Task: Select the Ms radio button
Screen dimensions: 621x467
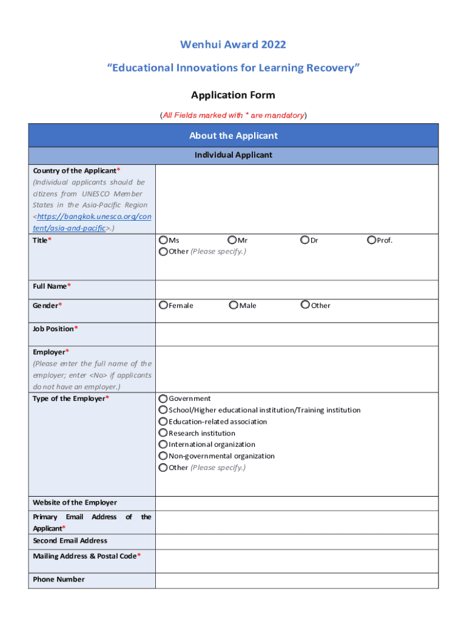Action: (x=163, y=241)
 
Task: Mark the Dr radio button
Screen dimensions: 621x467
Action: (x=305, y=241)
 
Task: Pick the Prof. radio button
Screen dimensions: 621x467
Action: (x=372, y=241)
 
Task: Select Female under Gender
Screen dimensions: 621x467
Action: (x=163, y=305)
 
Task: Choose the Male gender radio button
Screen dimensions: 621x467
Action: (x=233, y=305)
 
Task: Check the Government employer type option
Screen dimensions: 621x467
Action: (x=163, y=398)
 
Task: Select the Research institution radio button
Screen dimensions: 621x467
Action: (x=163, y=433)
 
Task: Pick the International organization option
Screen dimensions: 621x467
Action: (x=163, y=445)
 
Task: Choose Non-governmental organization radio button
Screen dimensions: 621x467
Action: (x=163, y=456)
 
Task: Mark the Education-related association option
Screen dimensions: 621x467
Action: (x=163, y=421)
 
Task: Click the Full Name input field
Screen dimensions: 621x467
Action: (x=296, y=289)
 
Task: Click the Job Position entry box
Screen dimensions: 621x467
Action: (x=296, y=334)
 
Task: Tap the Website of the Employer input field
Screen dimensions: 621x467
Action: (x=296, y=503)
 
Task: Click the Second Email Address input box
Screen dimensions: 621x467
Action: (x=296, y=542)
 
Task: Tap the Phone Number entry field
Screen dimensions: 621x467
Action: (x=296, y=580)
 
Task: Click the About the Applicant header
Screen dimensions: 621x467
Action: (x=233, y=136)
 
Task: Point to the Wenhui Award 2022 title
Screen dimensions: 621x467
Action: (x=233, y=45)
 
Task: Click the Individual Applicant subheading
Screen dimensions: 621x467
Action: (x=233, y=155)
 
